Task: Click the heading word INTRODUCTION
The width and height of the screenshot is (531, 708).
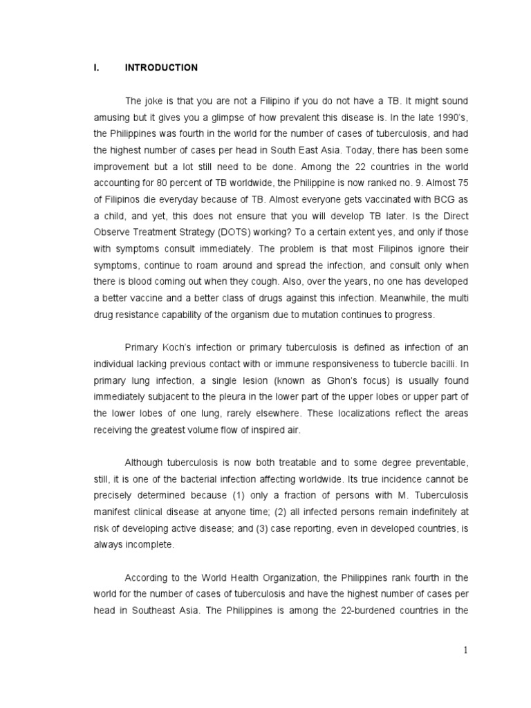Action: [x=160, y=68]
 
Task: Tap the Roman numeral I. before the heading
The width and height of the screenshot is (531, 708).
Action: [x=97, y=68]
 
